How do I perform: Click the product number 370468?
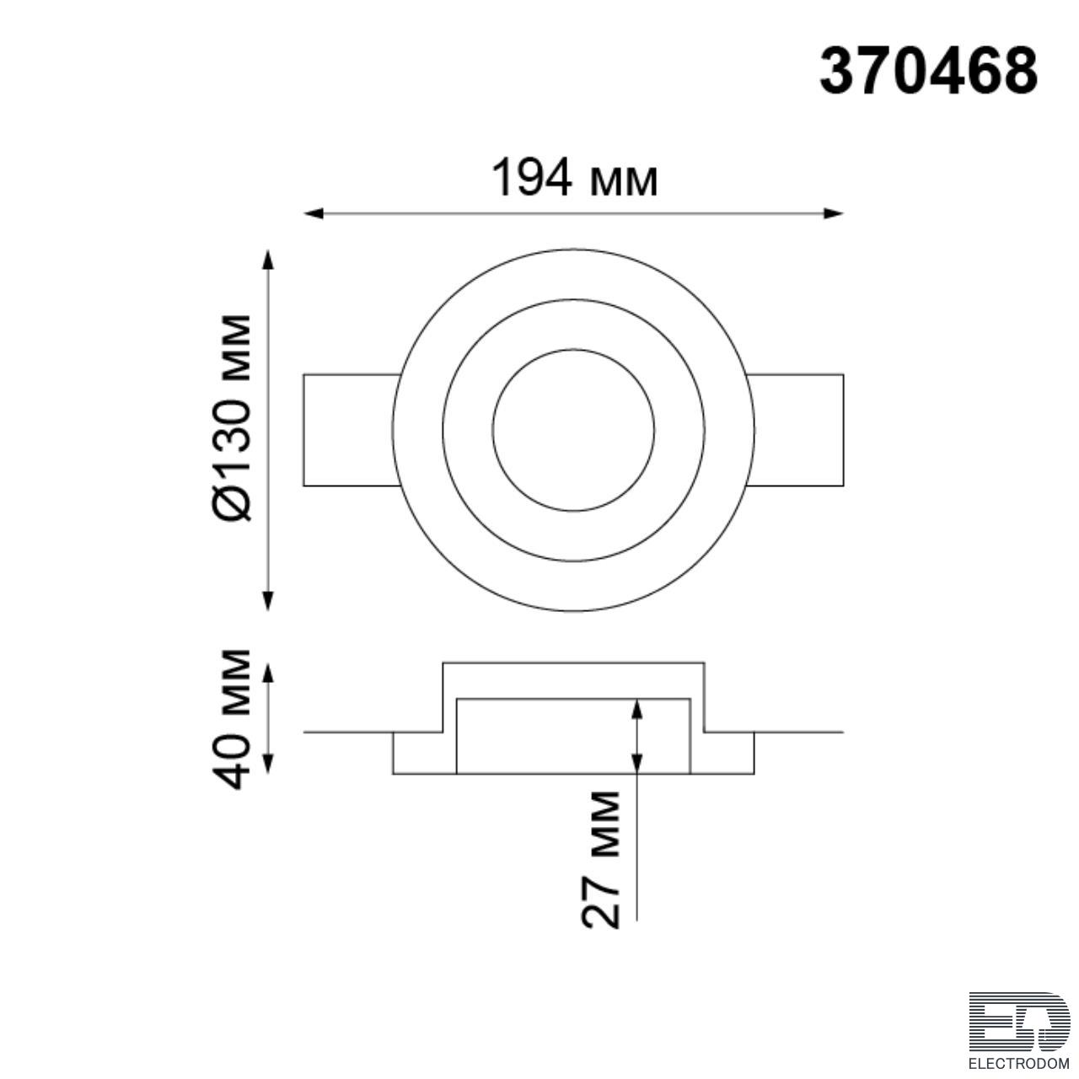point(928,72)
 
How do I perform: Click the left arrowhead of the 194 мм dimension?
point(314,213)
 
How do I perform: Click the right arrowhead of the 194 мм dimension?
point(833,213)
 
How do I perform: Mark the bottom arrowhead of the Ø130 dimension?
point(269,599)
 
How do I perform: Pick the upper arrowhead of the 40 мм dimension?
point(269,674)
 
